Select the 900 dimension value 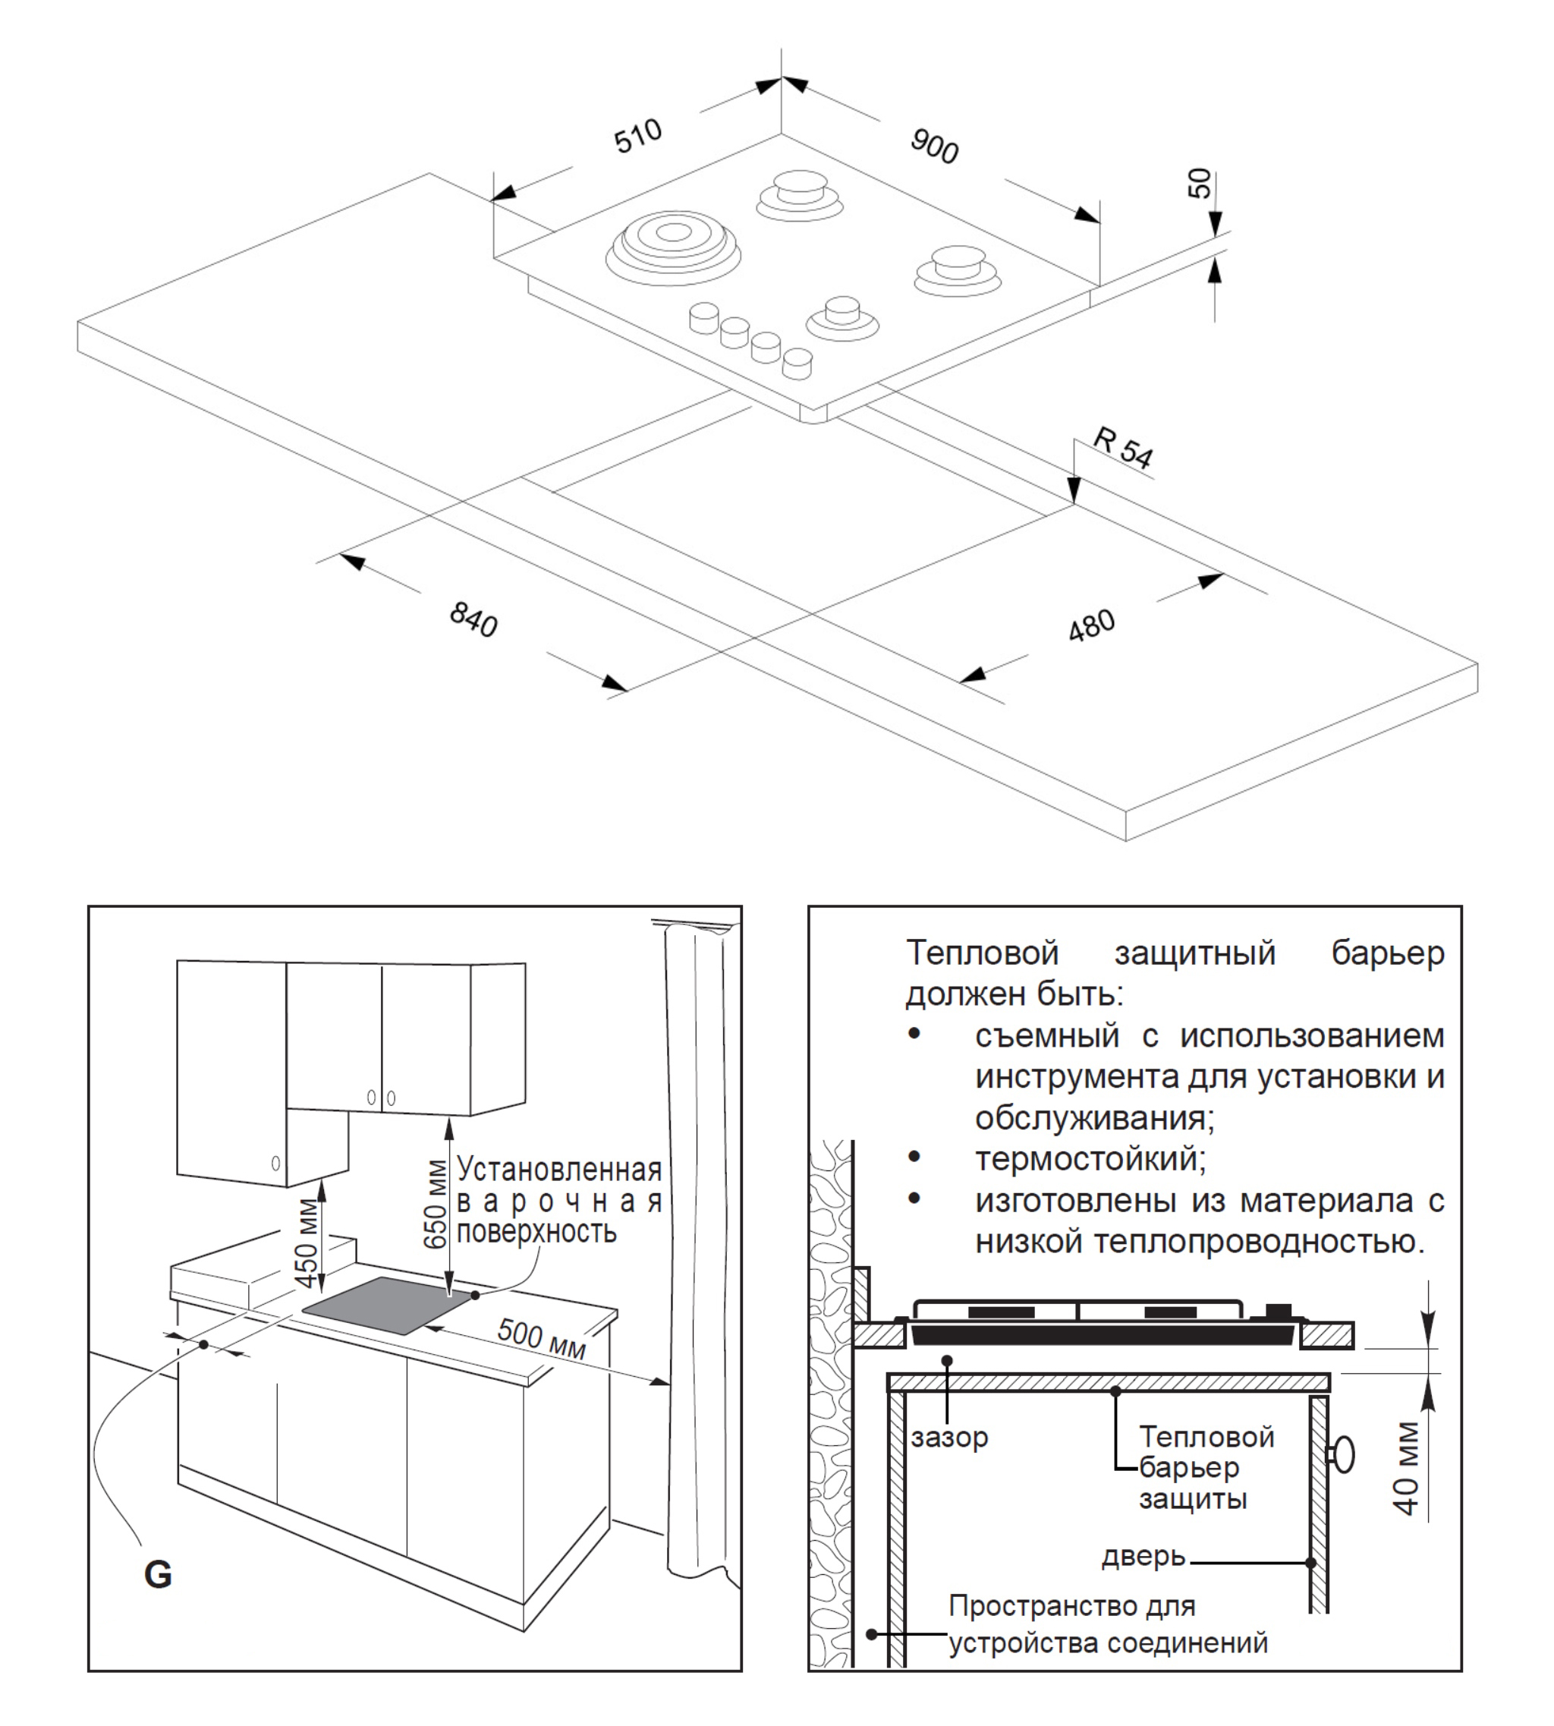(x=934, y=146)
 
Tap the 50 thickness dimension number (x=1200, y=183)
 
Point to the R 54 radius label (x=1124, y=448)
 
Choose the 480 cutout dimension (x=1091, y=625)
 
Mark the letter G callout (x=158, y=1574)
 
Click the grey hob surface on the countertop (x=386, y=1305)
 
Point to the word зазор (x=948, y=1438)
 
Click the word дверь (x=1143, y=1557)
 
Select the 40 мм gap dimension (x=1406, y=1468)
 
